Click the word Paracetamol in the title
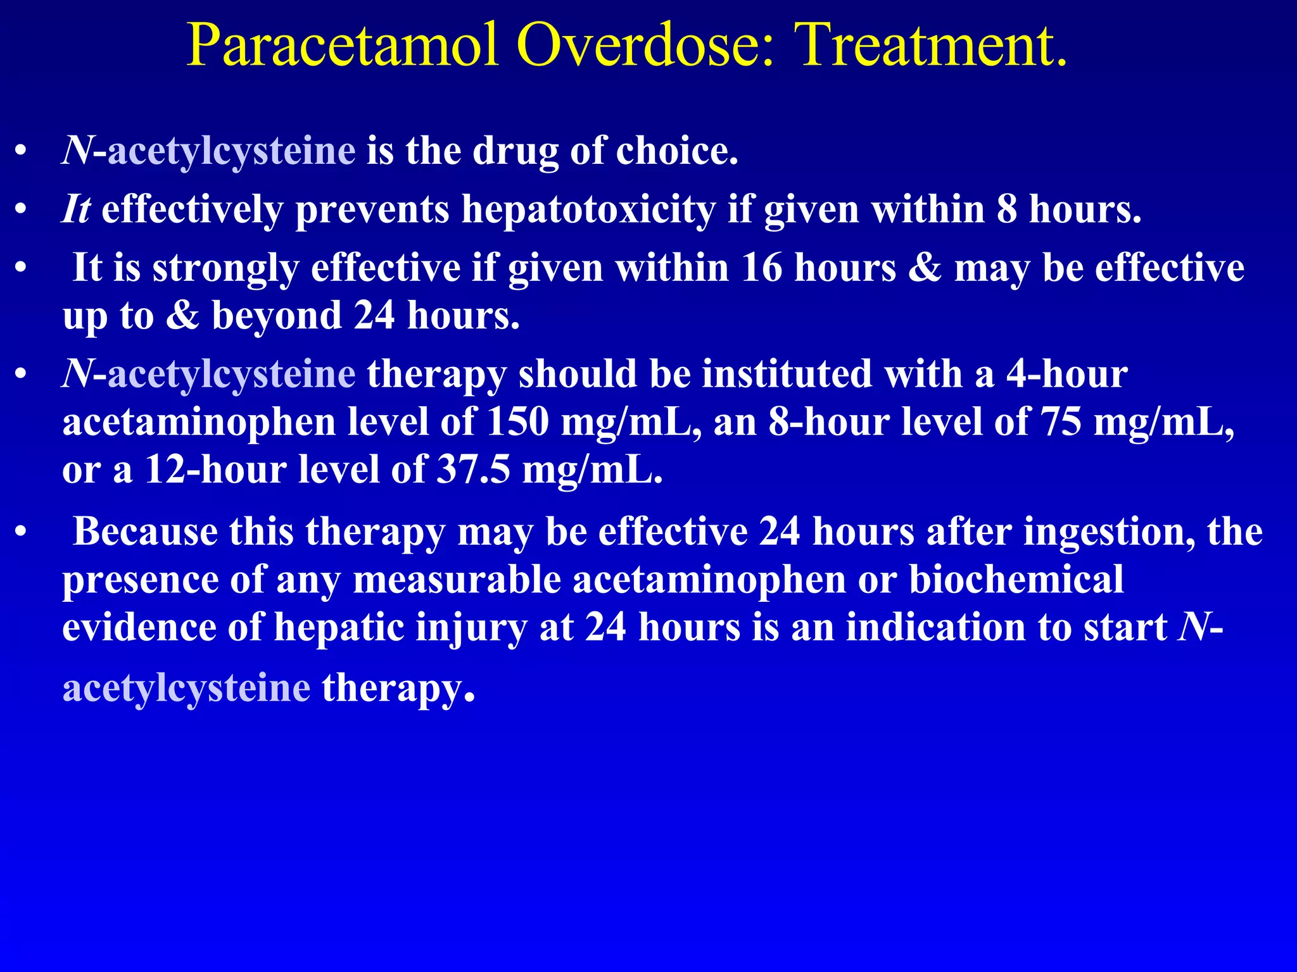click(342, 46)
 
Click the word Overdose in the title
click(646, 46)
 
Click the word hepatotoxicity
click(588, 209)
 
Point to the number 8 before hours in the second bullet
click(1006, 209)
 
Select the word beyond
click(277, 315)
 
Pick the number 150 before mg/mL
click(517, 422)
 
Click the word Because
click(145, 532)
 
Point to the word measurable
click(457, 580)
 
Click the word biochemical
click(1016, 580)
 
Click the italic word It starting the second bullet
click(76, 209)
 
